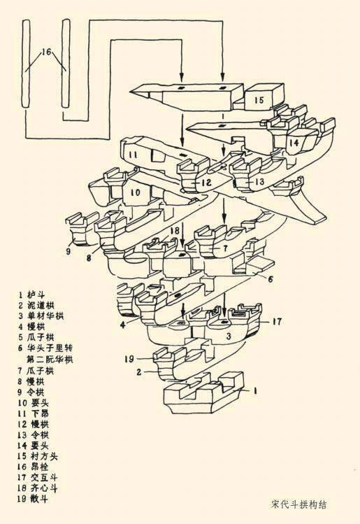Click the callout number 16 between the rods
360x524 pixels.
click(x=46, y=52)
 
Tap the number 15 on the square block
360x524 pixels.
click(x=259, y=100)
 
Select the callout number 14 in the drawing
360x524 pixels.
click(x=294, y=143)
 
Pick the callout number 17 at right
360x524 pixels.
click(x=277, y=322)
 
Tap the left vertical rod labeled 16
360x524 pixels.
click(x=27, y=63)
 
